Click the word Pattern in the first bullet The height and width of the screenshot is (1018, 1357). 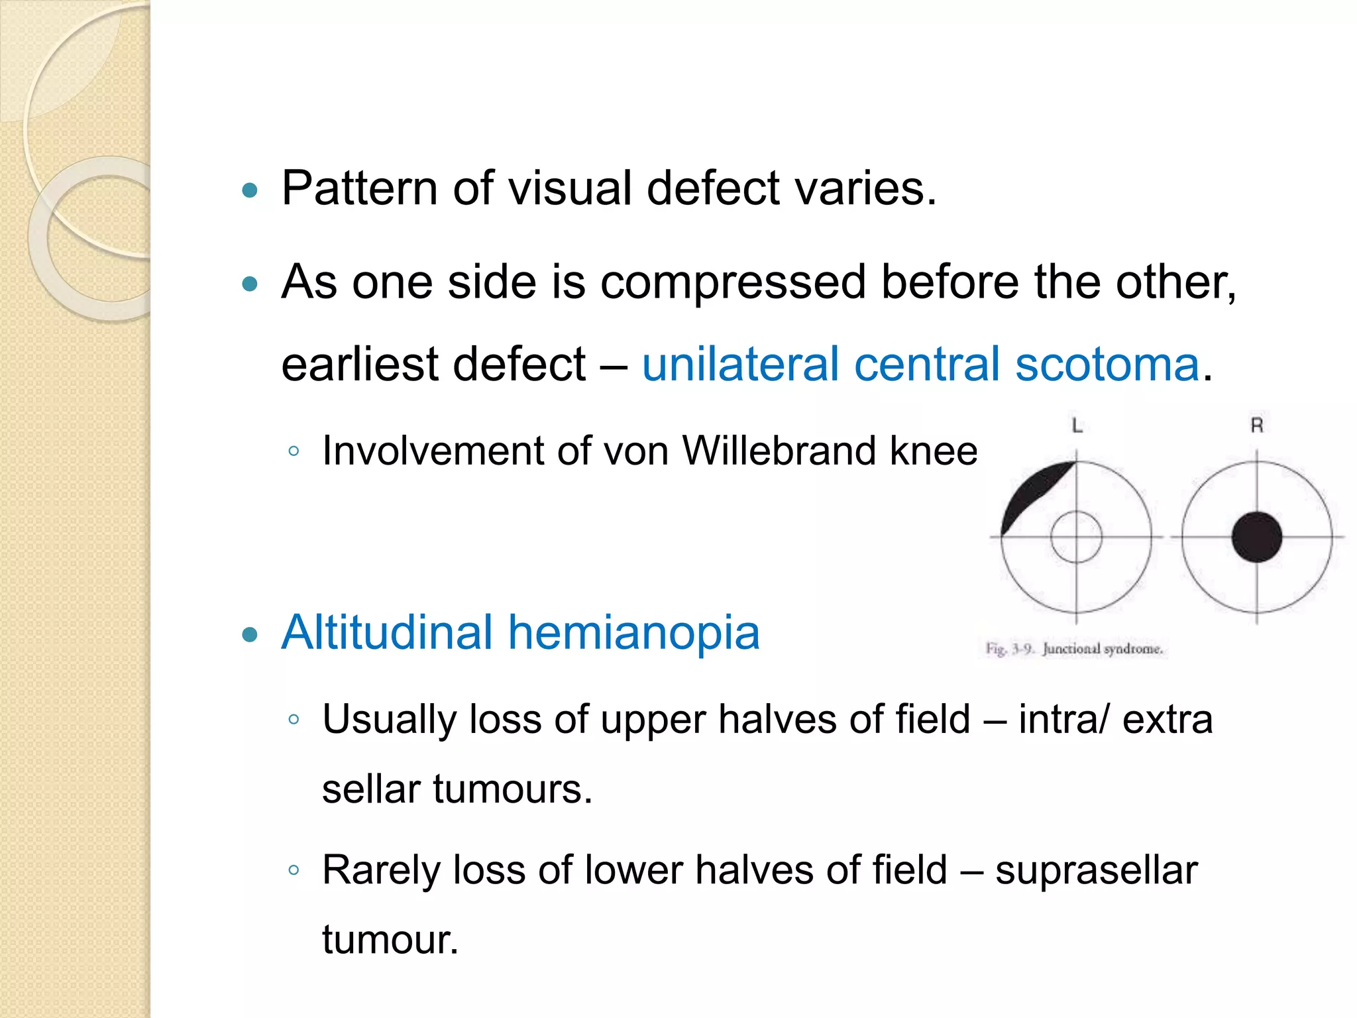tap(359, 189)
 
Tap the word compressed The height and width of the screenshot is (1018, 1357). tap(733, 282)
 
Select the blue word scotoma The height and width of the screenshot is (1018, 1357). tap(1107, 365)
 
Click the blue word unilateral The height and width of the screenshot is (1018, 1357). tap(741, 365)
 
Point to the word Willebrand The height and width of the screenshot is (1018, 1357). tap(779, 451)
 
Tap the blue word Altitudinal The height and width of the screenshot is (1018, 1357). tap(387, 632)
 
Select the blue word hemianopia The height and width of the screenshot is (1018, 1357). tap(634, 634)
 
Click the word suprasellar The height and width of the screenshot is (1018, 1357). tap(1096, 870)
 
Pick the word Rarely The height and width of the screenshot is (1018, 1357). tap(380, 870)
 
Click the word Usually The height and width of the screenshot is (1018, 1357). tap(388, 720)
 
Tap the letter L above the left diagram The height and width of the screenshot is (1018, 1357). tap(1077, 426)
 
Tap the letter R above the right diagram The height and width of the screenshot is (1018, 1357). tap(1256, 425)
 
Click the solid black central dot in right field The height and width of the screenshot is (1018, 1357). tap(1256, 537)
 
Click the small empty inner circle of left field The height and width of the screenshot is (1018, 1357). tap(1076, 537)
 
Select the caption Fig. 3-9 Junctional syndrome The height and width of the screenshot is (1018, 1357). tap(1074, 649)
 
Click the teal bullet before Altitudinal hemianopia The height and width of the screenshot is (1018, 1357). tap(250, 636)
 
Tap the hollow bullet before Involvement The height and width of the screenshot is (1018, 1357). tap(294, 452)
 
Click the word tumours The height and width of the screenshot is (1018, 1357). tap(513, 790)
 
